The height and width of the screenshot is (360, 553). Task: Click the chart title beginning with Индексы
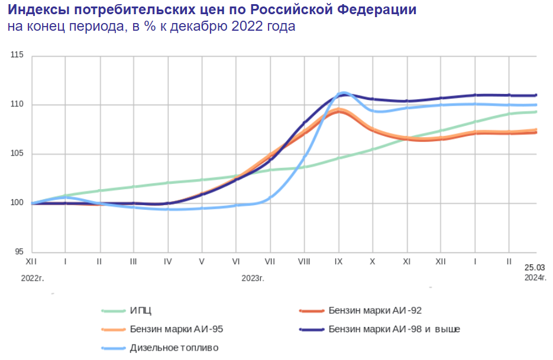point(212,10)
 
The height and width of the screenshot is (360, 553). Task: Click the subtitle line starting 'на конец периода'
point(151,27)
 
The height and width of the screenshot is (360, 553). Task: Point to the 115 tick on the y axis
point(17,56)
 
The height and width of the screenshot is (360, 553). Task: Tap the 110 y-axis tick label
point(17,105)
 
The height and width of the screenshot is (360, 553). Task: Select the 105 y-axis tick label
point(17,154)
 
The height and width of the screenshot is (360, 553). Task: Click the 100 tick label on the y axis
point(17,203)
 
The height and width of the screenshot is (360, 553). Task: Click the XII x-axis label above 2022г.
point(32,261)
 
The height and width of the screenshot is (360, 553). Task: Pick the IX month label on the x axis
point(338,261)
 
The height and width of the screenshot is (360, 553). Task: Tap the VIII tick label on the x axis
point(305,261)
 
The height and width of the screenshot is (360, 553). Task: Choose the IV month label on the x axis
point(168,261)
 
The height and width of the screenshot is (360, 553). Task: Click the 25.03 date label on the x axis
point(535,267)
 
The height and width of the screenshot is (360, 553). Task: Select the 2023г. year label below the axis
point(253,277)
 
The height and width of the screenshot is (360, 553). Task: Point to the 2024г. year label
point(535,277)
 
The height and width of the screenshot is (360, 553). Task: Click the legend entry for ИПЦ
point(136,310)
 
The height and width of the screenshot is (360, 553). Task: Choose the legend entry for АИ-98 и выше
point(394,329)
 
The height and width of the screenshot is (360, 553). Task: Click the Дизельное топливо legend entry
point(174,348)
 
